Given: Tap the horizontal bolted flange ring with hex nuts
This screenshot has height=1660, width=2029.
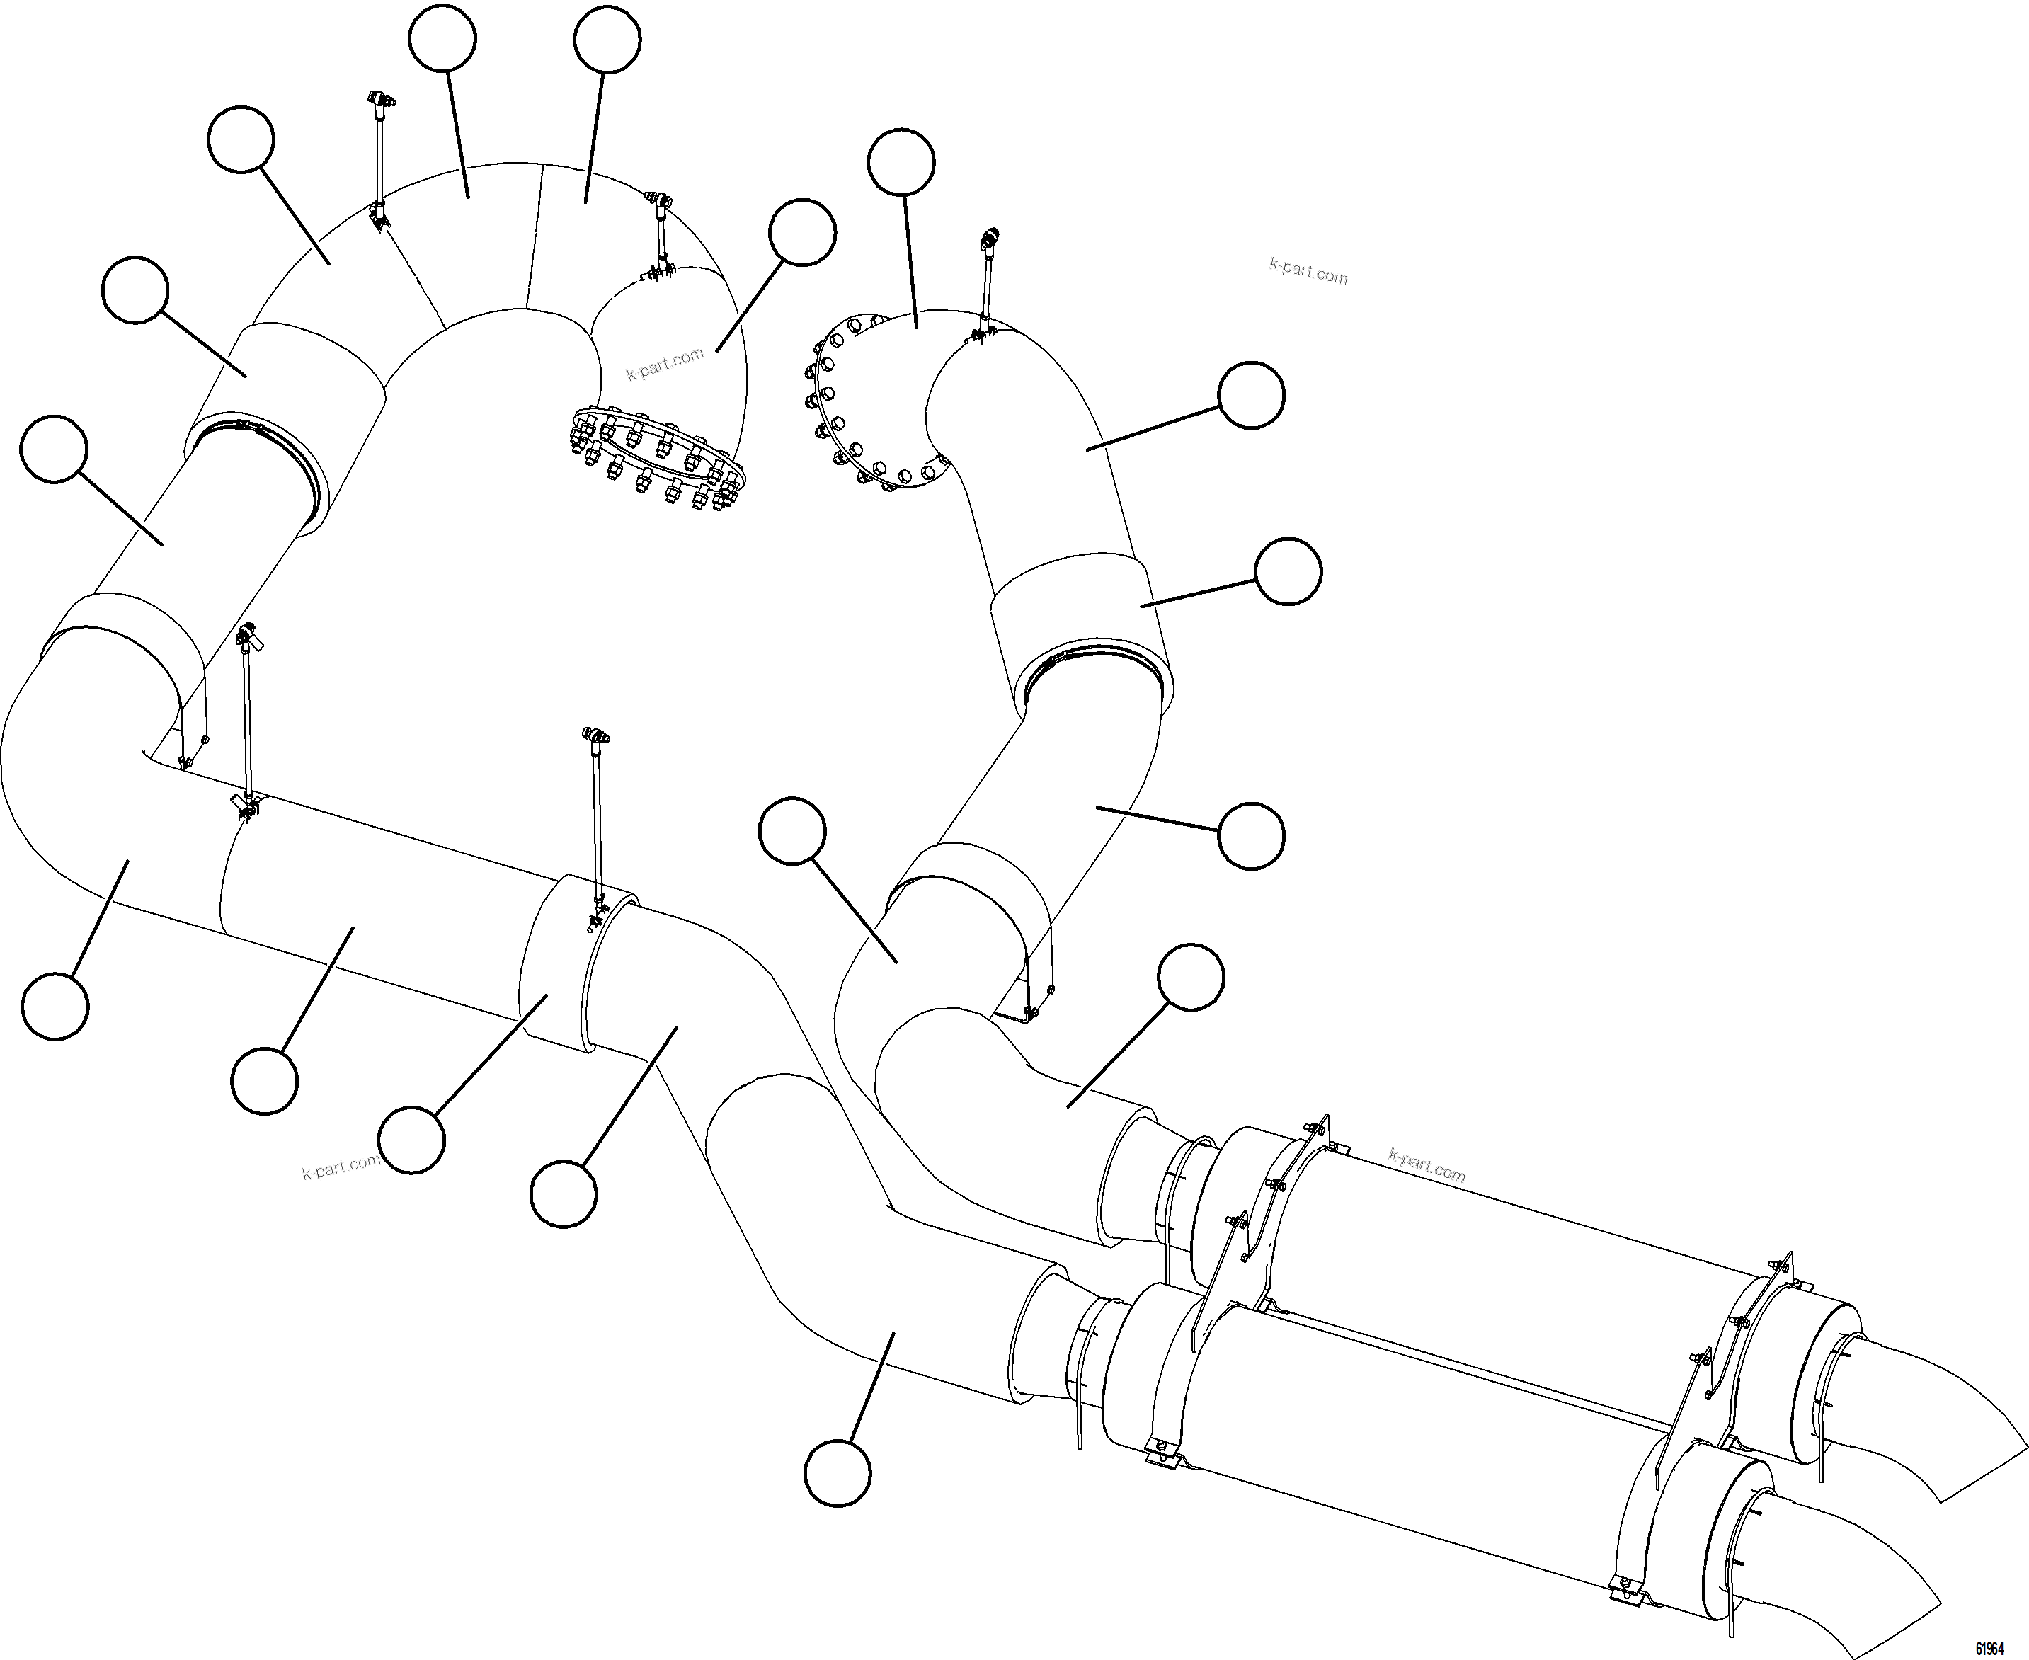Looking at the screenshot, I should click(658, 457).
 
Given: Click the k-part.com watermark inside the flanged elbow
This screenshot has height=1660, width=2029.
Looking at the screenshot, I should click(665, 363).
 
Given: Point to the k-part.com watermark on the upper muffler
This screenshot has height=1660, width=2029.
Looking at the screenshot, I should click(1426, 1166).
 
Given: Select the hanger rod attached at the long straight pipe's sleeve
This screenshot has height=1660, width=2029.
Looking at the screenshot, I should click(597, 823).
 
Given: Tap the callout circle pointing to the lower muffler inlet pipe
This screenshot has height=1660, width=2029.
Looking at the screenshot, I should click(838, 1474).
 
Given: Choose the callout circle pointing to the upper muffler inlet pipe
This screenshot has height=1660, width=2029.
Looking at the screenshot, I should click(1191, 978).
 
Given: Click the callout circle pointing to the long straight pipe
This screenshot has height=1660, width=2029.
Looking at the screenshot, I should click(265, 1080).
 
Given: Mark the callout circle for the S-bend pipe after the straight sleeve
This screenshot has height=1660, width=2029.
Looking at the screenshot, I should click(564, 1194).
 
